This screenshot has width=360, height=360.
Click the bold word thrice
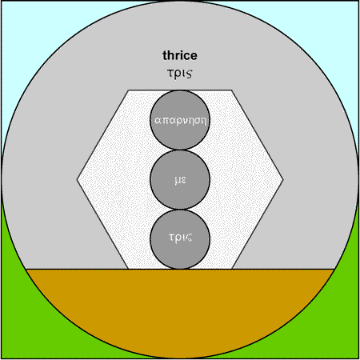(x=180, y=55)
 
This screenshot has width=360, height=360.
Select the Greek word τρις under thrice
(x=180, y=73)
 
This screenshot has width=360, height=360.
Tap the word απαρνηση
(x=180, y=121)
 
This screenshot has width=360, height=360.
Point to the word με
(x=180, y=180)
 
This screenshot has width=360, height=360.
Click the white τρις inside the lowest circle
(x=180, y=238)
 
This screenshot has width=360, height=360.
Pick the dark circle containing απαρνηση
(x=180, y=120)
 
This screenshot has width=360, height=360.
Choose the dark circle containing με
(x=180, y=180)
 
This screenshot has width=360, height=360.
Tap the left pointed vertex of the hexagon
(x=77, y=179)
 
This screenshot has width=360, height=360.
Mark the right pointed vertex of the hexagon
(x=283, y=179)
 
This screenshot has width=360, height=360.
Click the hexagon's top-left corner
(x=128, y=90)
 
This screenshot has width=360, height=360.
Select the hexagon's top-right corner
(x=232, y=90)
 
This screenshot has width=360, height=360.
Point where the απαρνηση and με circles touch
(x=180, y=150)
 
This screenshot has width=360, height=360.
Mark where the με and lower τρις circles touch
(x=180, y=210)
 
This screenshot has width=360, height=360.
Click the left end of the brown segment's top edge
(x=26, y=269)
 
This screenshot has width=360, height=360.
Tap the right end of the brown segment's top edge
(x=334, y=269)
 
